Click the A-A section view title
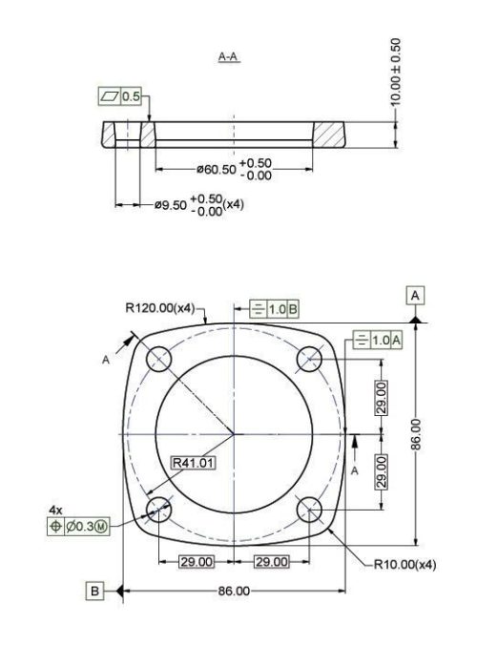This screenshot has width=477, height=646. click(228, 58)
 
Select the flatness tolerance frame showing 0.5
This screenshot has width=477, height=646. click(120, 96)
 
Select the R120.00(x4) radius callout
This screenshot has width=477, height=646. click(159, 308)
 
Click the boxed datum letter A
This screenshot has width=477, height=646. click(416, 296)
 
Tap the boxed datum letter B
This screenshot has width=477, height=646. click(95, 592)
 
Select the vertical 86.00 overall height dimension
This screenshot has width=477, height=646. click(427, 435)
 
